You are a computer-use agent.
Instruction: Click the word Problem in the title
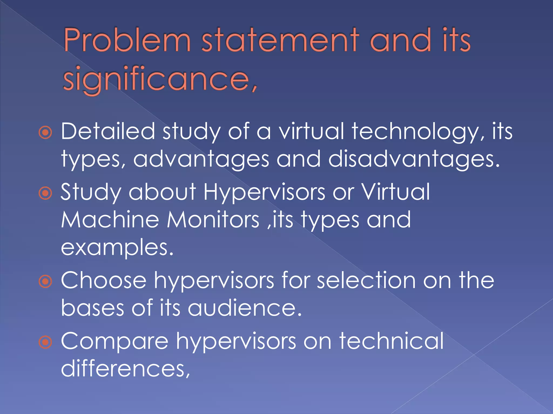pos(127,40)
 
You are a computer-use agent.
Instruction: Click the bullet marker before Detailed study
pos(45,133)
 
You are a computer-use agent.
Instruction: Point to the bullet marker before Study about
pos(45,193)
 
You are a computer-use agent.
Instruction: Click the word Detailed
pos(108,131)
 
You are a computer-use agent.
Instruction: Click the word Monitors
pos(213,220)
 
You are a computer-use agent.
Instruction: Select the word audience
pos(244,308)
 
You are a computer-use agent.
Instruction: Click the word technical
pos(391,341)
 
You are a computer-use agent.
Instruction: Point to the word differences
pos(125,368)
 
